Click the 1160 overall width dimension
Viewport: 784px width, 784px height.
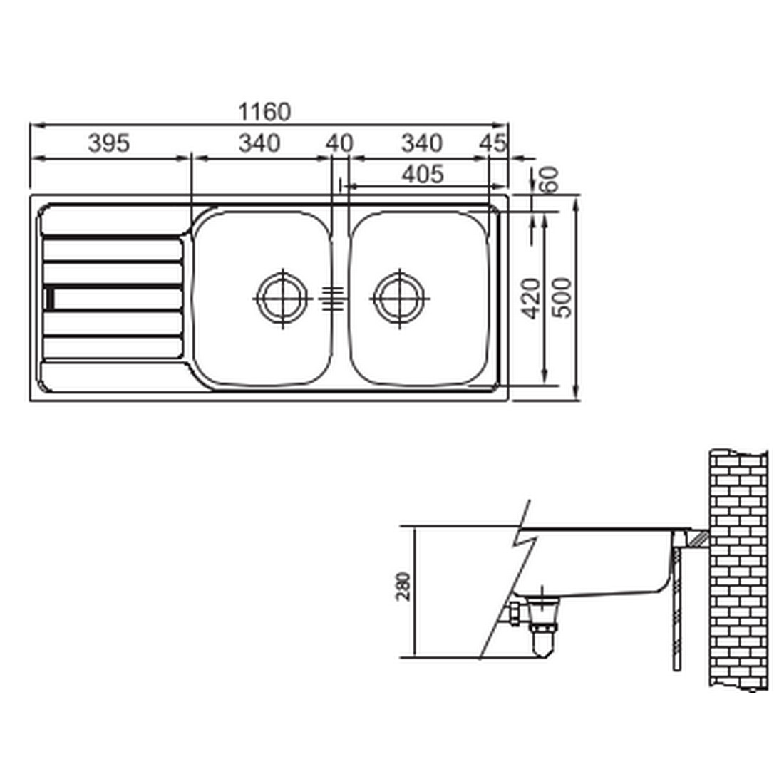[264, 112]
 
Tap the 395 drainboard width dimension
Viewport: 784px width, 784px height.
[108, 143]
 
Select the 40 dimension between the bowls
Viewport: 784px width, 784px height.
[339, 143]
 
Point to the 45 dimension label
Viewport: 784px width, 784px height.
[493, 143]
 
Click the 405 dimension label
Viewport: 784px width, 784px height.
[423, 175]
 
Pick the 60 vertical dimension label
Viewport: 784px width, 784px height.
[548, 179]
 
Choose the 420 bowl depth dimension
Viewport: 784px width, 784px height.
[530, 299]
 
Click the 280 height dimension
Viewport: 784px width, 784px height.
[403, 587]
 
